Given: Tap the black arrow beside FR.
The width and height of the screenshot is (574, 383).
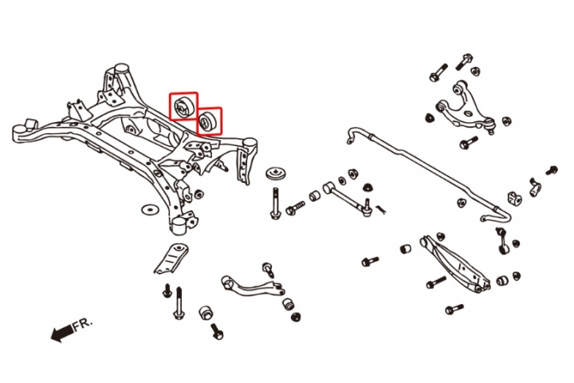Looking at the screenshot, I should pos(60,334).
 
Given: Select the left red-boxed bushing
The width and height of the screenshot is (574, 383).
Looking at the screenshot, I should pos(183,106).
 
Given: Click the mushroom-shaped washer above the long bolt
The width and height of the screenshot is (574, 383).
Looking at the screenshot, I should pos(277,175).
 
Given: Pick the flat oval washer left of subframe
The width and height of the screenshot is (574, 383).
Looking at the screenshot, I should pos(147,211).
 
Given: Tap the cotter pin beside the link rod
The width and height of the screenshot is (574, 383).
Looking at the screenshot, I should pos(381,209).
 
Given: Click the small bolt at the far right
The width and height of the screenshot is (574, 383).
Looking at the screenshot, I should pos(551,170).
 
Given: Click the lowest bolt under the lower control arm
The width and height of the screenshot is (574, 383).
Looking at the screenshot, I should pos(454,309).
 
